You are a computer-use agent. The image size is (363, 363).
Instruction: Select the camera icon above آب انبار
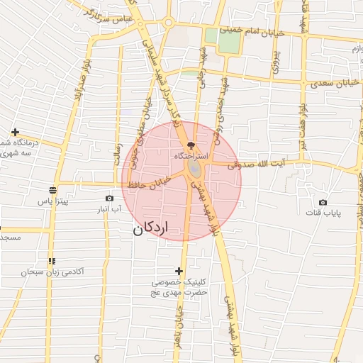(108, 199)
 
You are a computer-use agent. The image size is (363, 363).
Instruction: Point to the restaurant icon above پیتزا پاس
(52, 189)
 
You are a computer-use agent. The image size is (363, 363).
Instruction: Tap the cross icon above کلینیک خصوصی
(179, 272)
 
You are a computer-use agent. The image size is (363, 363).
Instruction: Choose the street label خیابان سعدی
(329, 84)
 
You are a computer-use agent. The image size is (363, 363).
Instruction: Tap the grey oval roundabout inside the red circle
(193, 169)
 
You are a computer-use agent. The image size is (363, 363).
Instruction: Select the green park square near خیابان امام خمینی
(228, 41)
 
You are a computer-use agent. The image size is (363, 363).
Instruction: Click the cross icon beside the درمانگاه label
(15, 132)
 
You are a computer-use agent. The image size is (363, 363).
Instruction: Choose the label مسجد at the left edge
(11, 237)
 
